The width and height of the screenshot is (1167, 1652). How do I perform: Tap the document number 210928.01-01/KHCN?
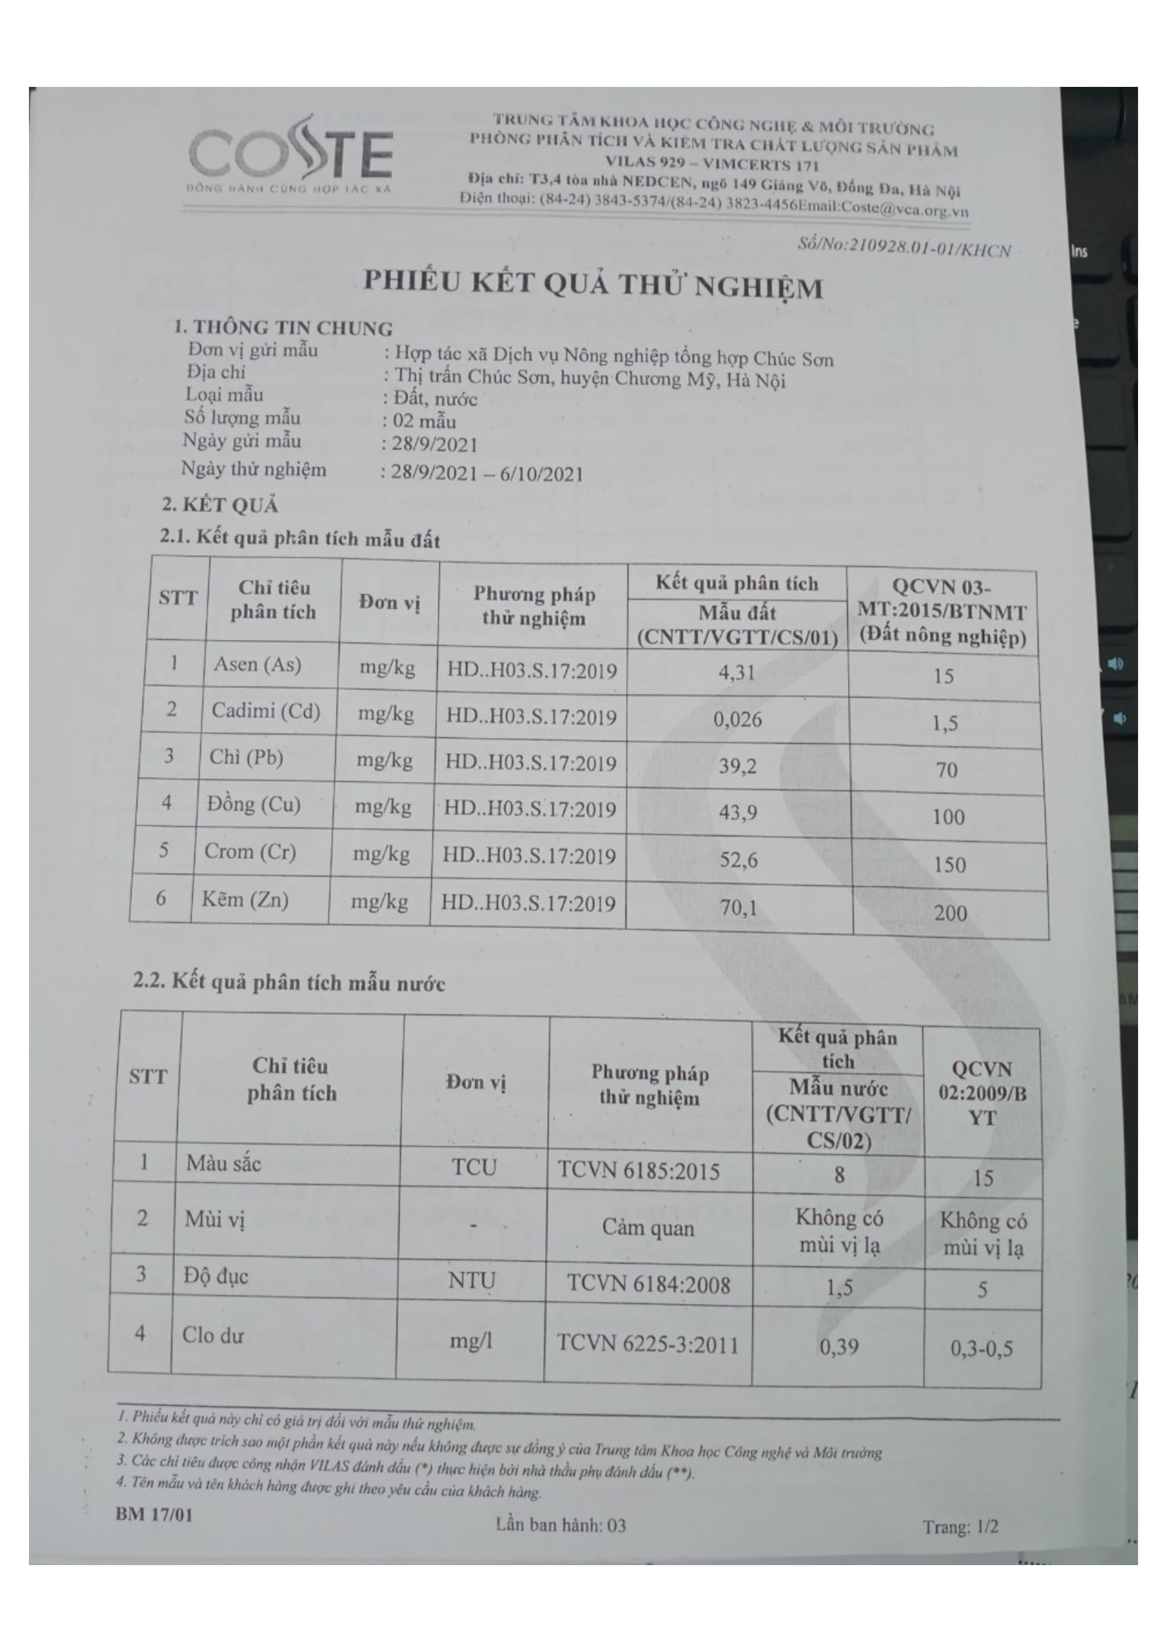pyautogui.click(x=904, y=247)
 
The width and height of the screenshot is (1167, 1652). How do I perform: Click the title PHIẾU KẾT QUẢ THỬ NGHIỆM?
pyautogui.click(x=592, y=284)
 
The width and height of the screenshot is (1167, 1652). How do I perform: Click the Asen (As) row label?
pyautogui.click(x=257, y=664)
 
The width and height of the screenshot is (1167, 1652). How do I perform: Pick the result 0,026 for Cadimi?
pyautogui.click(x=737, y=719)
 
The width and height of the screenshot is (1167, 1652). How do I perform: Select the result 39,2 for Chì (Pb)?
pyautogui.click(x=738, y=766)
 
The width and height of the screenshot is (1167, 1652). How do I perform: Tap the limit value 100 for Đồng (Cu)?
pyautogui.click(x=947, y=816)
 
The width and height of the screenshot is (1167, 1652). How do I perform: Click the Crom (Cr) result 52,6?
pyautogui.click(x=738, y=860)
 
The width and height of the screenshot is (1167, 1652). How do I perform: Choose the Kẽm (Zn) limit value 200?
pyautogui.click(x=950, y=913)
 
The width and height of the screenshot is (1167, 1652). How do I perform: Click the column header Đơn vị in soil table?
pyautogui.click(x=389, y=603)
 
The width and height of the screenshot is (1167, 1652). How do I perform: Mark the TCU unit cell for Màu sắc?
pyautogui.click(x=474, y=1167)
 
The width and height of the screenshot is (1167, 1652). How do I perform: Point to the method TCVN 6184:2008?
pyautogui.click(x=649, y=1284)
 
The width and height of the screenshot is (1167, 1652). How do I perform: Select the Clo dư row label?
pyautogui.click(x=213, y=1335)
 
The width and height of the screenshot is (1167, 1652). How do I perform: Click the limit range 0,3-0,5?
pyautogui.click(x=981, y=1348)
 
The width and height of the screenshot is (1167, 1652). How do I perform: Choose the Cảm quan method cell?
pyautogui.click(x=649, y=1228)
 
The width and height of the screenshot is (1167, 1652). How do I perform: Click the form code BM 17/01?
pyautogui.click(x=154, y=1514)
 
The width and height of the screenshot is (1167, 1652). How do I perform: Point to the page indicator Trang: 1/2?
pyautogui.click(x=961, y=1526)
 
